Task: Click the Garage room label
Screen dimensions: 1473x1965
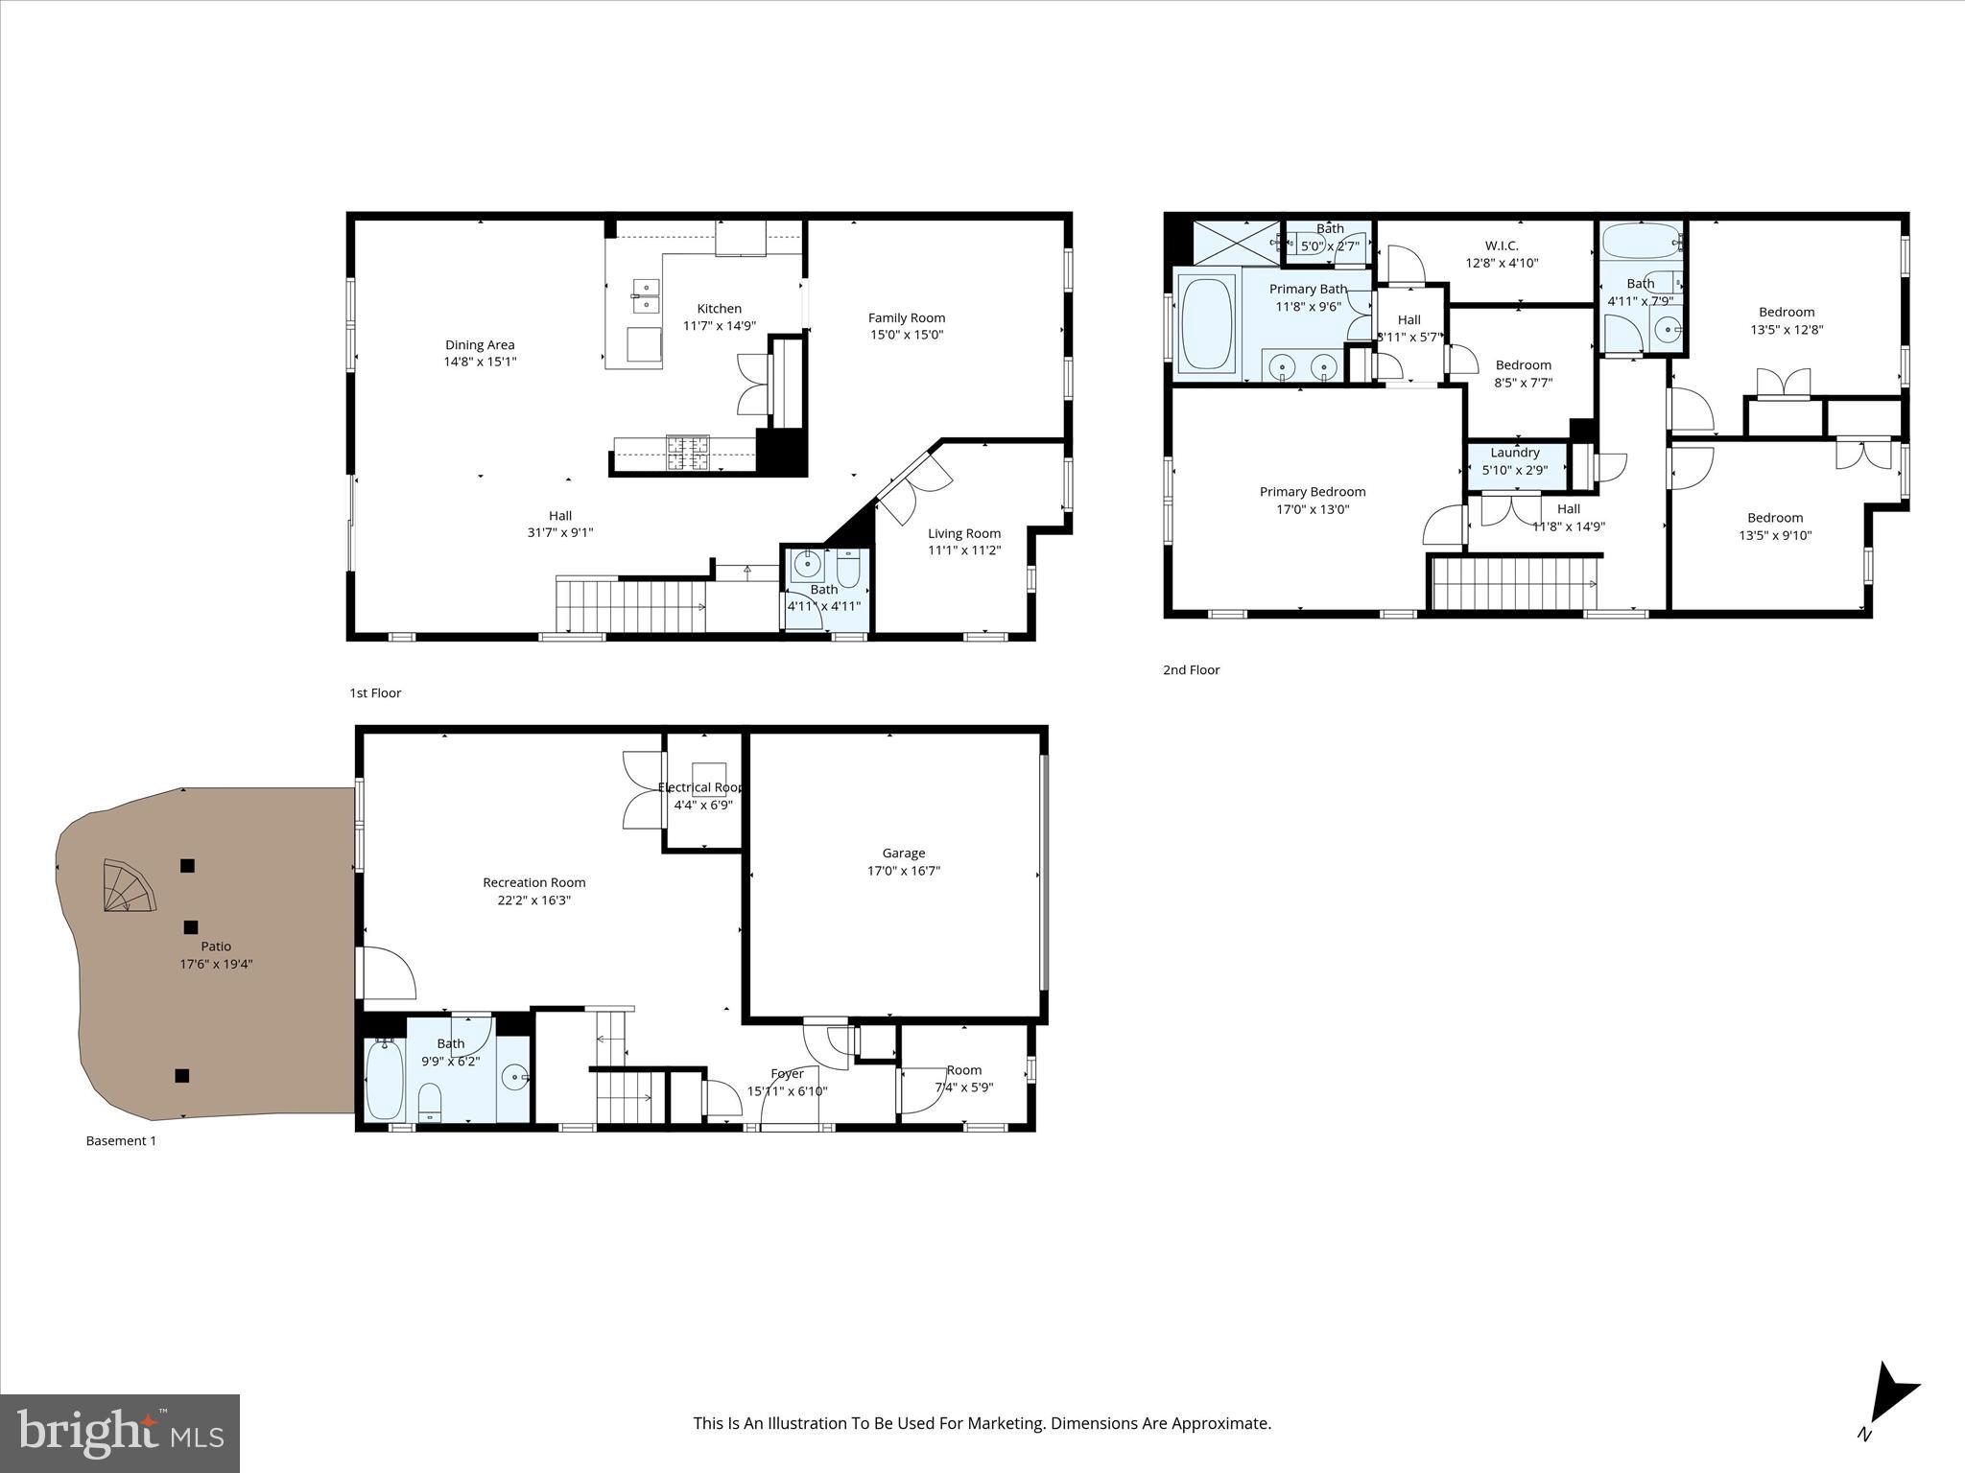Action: [x=903, y=853]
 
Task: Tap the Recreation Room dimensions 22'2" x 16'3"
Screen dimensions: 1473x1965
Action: [x=533, y=900]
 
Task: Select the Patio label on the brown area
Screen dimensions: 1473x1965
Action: [x=216, y=947]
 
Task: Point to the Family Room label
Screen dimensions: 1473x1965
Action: [x=906, y=317]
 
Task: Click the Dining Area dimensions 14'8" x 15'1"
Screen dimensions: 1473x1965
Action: [x=480, y=362]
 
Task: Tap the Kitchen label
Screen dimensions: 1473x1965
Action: [x=719, y=309]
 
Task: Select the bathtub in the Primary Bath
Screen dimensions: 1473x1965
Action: [x=1208, y=323]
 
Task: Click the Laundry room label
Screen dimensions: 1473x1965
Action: [x=1515, y=453]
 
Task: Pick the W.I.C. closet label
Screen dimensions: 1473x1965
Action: [x=1502, y=245]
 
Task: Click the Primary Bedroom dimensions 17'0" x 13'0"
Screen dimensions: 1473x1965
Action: [x=1312, y=509]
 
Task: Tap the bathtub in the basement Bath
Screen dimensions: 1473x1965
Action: [x=385, y=1080]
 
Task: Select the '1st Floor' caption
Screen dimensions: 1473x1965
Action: [x=375, y=692]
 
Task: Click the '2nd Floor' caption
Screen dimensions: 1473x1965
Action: [x=1191, y=670]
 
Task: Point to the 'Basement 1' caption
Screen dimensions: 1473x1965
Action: [x=121, y=1141]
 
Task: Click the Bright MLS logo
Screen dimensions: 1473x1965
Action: [x=120, y=1434]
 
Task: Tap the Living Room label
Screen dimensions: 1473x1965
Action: [x=963, y=533]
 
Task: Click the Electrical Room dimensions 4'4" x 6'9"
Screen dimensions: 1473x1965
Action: [x=702, y=805]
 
